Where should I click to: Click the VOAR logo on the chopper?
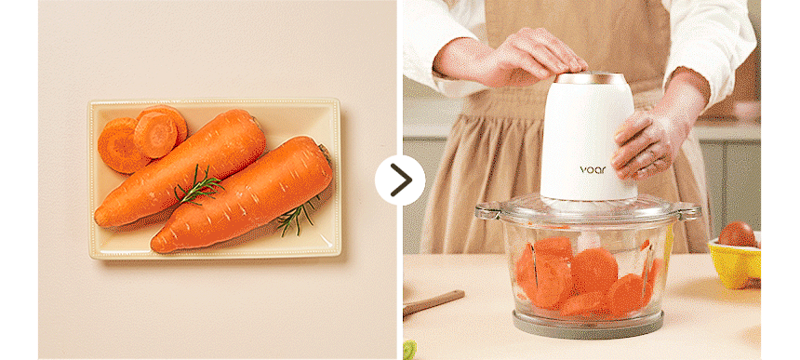pyautogui.click(x=593, y=170)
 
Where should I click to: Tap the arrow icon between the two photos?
pyautogui.click(x=400, y=180)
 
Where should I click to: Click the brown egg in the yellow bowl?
pyautogui.click(x=738, y=234)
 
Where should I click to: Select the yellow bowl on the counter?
pyautogui.click(x=735, y=261)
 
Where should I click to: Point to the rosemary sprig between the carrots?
pyautogui.click(x=199, y=186)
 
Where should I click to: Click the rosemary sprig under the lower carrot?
pyautogui.click(x=298, y=216)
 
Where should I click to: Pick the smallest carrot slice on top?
pyautogui.click(x=155, y=135)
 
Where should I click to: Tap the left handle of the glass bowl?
pyautogui.click(x=486, y=210)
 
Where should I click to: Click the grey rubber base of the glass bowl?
pyautogui.click(x=588, y=326)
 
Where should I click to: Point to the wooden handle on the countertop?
pyautogui.click(x=433, y=302)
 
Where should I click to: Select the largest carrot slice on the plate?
pyautogui.click(x=121, y=145)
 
